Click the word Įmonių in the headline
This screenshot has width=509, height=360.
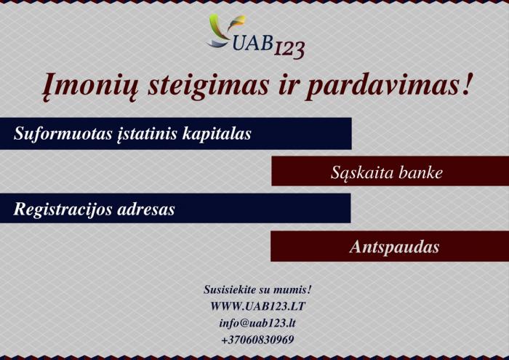click(90, 86)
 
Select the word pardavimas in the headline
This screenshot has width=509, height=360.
click(381, 86)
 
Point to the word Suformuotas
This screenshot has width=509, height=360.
click(63, 133)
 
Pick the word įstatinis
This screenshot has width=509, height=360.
click(147, 134)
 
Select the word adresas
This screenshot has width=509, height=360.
click(146, 209)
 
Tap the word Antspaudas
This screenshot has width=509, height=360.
click(394, 247)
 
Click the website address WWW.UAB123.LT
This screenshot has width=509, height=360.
click(257, 306)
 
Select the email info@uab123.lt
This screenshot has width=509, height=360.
click(257, 323)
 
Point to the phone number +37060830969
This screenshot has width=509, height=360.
click(257, 340)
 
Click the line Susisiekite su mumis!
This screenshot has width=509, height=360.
click(257, 289)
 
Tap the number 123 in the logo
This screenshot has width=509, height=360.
click(289, 50)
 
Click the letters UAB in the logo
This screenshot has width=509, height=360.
click(252, 42)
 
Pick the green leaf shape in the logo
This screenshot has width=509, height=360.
click(217, 26)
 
